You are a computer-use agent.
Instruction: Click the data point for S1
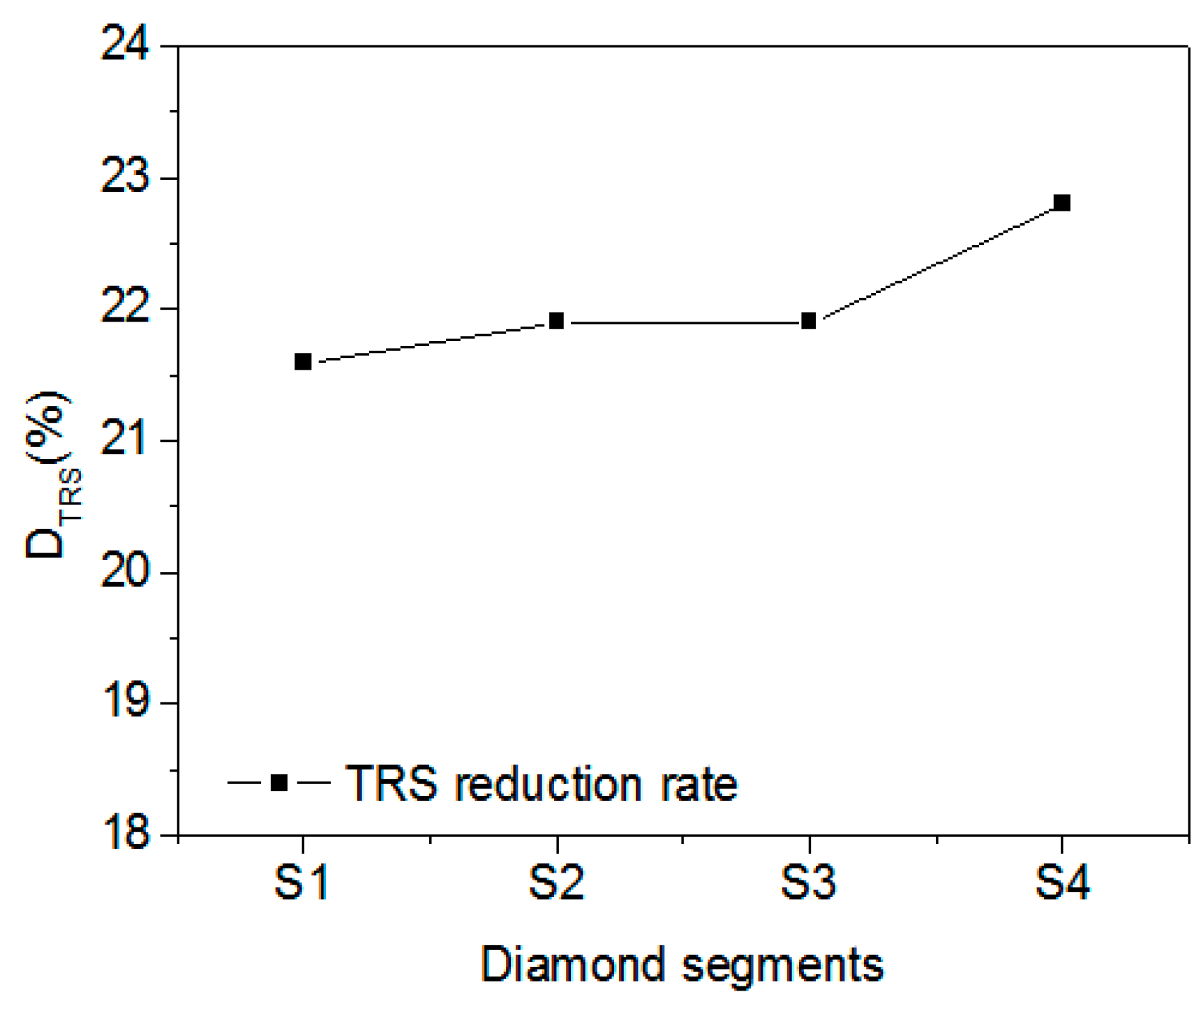click(x=303, y=361)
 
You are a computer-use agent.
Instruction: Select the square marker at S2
click(x=556, y=321)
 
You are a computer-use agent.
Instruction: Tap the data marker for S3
click(x=809, y=321)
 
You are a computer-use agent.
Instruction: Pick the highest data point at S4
click(x=1061, y=203)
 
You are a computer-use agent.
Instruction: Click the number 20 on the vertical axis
click(x=126, y=572)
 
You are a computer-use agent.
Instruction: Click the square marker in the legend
click(x=278, y=782)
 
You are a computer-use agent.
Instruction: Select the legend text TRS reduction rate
click(x=541, y=783)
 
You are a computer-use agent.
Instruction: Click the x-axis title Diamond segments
click(x=682, y=965)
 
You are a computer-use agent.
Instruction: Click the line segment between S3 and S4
click(x=935, y=262)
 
